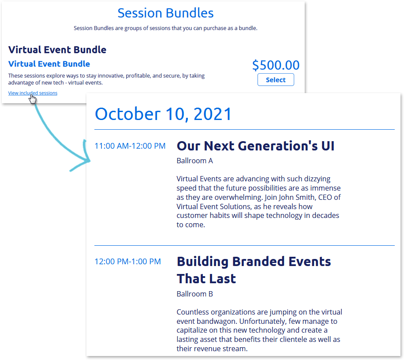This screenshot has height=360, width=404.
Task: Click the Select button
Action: [276, 80]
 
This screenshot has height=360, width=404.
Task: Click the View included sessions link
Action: [33, 93]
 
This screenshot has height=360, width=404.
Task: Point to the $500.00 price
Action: [276, 65]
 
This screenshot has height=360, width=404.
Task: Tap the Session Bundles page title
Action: [165, 13]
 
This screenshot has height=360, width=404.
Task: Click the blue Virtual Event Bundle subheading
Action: [49, 64]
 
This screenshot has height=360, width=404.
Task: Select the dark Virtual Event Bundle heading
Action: [57, 49]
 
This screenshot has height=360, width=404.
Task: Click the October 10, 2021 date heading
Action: [163, 114]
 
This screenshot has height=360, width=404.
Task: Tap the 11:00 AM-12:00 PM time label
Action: [130, 146]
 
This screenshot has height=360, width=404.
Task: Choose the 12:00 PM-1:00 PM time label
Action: [127, 262]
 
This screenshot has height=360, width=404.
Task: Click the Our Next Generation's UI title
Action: [255, 146]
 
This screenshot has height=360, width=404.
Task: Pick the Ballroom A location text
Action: [195, 161]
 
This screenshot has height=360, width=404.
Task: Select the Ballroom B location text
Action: [195, 294]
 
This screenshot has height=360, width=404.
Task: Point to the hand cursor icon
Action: [33, 99]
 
